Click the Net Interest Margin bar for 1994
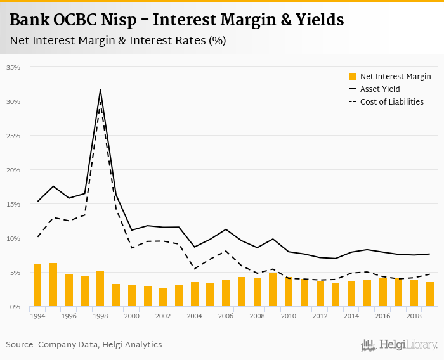point(37,285)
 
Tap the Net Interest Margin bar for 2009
point(273,290)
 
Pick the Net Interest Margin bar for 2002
point(163,297)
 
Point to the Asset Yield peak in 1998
point(100,90)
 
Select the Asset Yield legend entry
point(380,89)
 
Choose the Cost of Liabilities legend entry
point(391,101)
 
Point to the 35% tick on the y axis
point(13,67)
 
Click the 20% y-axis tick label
point(13,170)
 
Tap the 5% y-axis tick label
point(15,273)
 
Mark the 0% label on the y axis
point(15,307)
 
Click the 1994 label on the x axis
point(37,315)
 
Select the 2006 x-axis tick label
point(226,315)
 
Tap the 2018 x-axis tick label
point(414,315)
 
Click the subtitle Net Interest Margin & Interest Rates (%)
point(118,40)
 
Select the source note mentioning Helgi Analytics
point(84,344)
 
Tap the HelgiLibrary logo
point(400,345)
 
